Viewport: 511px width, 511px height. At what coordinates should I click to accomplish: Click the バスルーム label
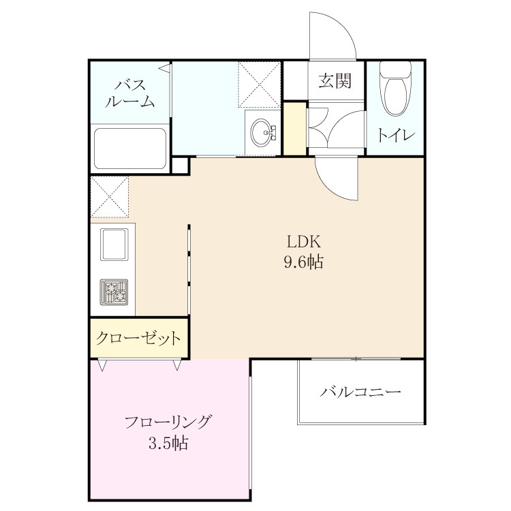coord(129,93)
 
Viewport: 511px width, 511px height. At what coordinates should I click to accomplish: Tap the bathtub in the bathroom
coord(130,149)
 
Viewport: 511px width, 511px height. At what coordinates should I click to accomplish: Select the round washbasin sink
coord(262,132)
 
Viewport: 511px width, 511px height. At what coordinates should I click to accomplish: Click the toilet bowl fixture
coord(395,89)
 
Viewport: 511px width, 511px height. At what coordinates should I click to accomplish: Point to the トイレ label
coord(397,135)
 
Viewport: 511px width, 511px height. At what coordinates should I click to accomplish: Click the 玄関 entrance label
coord(335,80)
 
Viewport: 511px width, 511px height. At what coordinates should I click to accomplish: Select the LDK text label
coord(304,242)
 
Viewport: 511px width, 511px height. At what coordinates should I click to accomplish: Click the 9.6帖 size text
coord(304,262)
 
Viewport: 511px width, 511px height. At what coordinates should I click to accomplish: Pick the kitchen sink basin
coord(114,245)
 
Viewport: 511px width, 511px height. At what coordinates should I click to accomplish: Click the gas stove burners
coord(114,292)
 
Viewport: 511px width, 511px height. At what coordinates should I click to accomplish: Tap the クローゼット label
coord(138,338)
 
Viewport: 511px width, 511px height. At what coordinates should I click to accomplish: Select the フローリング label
coord(168,422)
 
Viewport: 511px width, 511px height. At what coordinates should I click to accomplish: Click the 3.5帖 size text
coord(168,444)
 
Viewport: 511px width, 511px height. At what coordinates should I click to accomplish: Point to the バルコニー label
coord(360,391)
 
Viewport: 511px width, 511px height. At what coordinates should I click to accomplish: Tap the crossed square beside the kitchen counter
coord(110,197)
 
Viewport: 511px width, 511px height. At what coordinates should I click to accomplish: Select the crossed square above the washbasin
coord(260,84)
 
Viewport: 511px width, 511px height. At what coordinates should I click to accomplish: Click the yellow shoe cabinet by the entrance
coord(295,129)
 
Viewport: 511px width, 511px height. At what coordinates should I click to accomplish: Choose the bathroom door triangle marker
coord(165,68)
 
